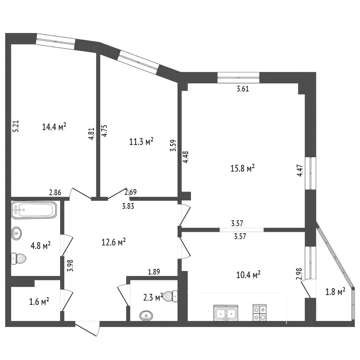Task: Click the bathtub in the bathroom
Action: click(x=34, y=210)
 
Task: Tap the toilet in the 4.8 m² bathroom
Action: click(x=19, y=259)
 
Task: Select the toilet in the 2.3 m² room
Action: click(x=170, y=296)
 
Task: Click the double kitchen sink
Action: click(x=226, y=312)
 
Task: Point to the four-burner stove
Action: click(x=260, y=312)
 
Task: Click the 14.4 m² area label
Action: click(x=54, y=127)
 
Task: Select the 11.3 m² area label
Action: click(x=141, y=142)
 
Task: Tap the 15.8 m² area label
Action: click(x=242, y=168)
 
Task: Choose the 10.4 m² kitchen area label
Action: click(x=249, y=275)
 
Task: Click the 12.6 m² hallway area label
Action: click(x=113, y=242)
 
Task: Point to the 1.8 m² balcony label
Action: click(x=336, y=292)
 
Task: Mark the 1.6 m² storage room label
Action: click(x=39, y=301)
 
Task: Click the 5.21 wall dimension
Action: click(x=16, y=126)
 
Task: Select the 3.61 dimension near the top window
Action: click(x=243, y=89)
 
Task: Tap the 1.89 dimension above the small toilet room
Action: click(x=154, y=272)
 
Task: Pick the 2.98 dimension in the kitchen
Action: click(x=299, y=274)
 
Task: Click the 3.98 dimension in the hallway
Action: click(x=70, y=265)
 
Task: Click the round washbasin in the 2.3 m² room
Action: click(x=146, y=316)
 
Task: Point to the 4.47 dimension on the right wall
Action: click(x=300, y=171)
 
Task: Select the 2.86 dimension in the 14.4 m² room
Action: click(x=55, y=192)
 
